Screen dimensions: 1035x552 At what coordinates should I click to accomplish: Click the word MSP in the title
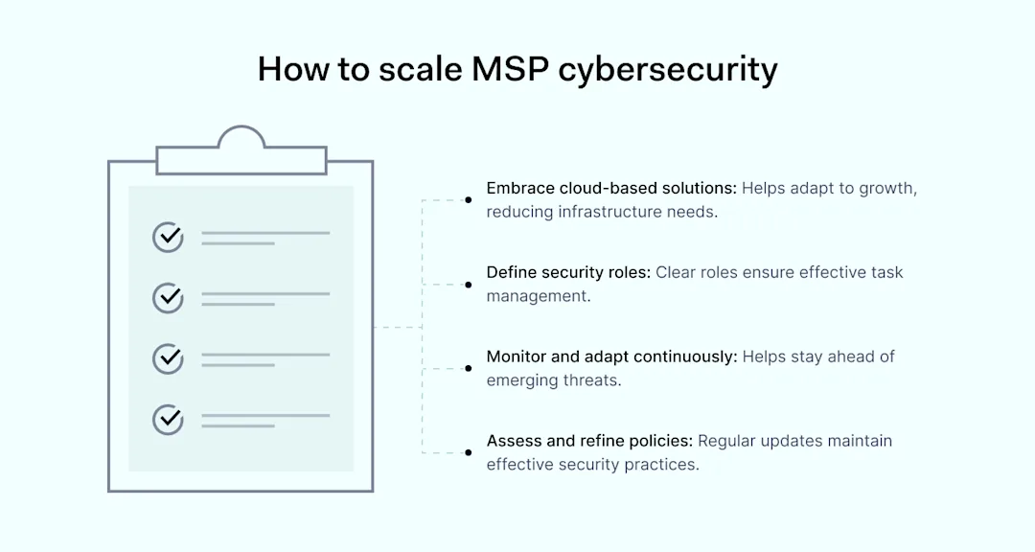point(510,69)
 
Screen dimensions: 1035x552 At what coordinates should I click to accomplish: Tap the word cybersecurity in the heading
point(668,71)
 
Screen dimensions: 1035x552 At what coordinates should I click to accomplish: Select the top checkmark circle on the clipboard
point(169,237)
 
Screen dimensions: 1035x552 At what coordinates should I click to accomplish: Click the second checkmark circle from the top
point(169,298)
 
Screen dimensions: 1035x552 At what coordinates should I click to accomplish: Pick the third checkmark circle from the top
point(169,358)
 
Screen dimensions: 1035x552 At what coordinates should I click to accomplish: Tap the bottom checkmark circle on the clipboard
point(169,420)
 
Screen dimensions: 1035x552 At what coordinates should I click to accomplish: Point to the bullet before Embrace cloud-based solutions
point(468,200)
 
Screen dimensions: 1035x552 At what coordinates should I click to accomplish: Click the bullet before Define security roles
point(468,285)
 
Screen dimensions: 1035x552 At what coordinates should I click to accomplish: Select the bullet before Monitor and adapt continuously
point(468,368)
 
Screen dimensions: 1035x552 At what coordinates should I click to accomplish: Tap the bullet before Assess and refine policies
point(468,453)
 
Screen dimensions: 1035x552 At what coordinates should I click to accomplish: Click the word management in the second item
point(539,297)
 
